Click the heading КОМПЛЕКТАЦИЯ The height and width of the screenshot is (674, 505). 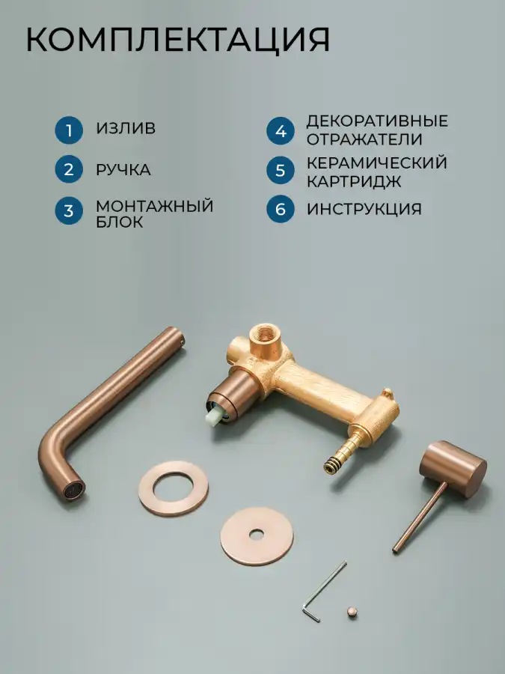pos(178,40)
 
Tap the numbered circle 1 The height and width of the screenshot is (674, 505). pos(69,130)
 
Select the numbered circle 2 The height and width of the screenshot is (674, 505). pos(69,169)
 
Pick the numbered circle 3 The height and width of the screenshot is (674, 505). pos(69,210)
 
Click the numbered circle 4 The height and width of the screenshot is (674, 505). pos(281,131)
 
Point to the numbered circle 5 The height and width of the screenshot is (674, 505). pos(281,170)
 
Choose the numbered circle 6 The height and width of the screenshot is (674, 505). pos(281,209)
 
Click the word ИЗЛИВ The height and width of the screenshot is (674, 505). pos(126,129)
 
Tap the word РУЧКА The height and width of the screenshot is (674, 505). pos(123,170)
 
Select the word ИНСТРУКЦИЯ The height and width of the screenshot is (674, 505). pos(364,209)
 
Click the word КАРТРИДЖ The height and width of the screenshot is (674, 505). pos(354,181)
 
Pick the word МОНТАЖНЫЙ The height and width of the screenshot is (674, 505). pos(155,207)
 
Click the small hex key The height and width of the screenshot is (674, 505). pos(322,592)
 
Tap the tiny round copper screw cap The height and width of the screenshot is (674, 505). pos(352,612)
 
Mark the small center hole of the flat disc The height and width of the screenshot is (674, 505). pos(257,534)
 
